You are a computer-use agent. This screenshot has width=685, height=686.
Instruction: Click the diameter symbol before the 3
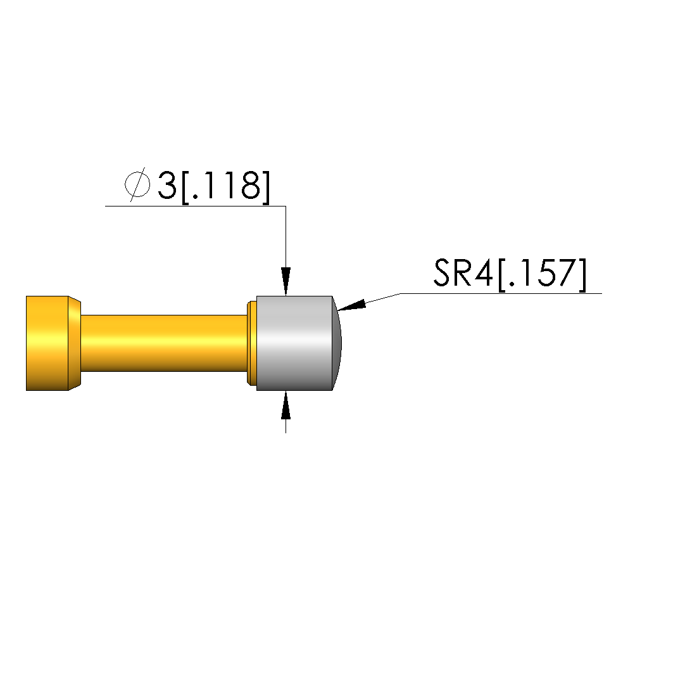(x=137, y=184)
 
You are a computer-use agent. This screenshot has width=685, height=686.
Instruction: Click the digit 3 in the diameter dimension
(x=167, y=186)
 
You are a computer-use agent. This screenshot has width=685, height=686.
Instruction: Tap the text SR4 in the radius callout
(x=463, y=273)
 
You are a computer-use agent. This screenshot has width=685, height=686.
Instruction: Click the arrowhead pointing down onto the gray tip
(x=286, y=282)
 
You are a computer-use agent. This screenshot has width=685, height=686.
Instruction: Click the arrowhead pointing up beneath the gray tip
(x=286, y=405)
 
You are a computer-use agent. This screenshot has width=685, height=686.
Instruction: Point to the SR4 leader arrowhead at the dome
(x=351, y=305)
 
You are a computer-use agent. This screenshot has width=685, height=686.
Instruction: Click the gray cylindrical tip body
(x=294, y=343)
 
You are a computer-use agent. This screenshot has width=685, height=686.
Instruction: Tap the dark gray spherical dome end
(x=337, y=343)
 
